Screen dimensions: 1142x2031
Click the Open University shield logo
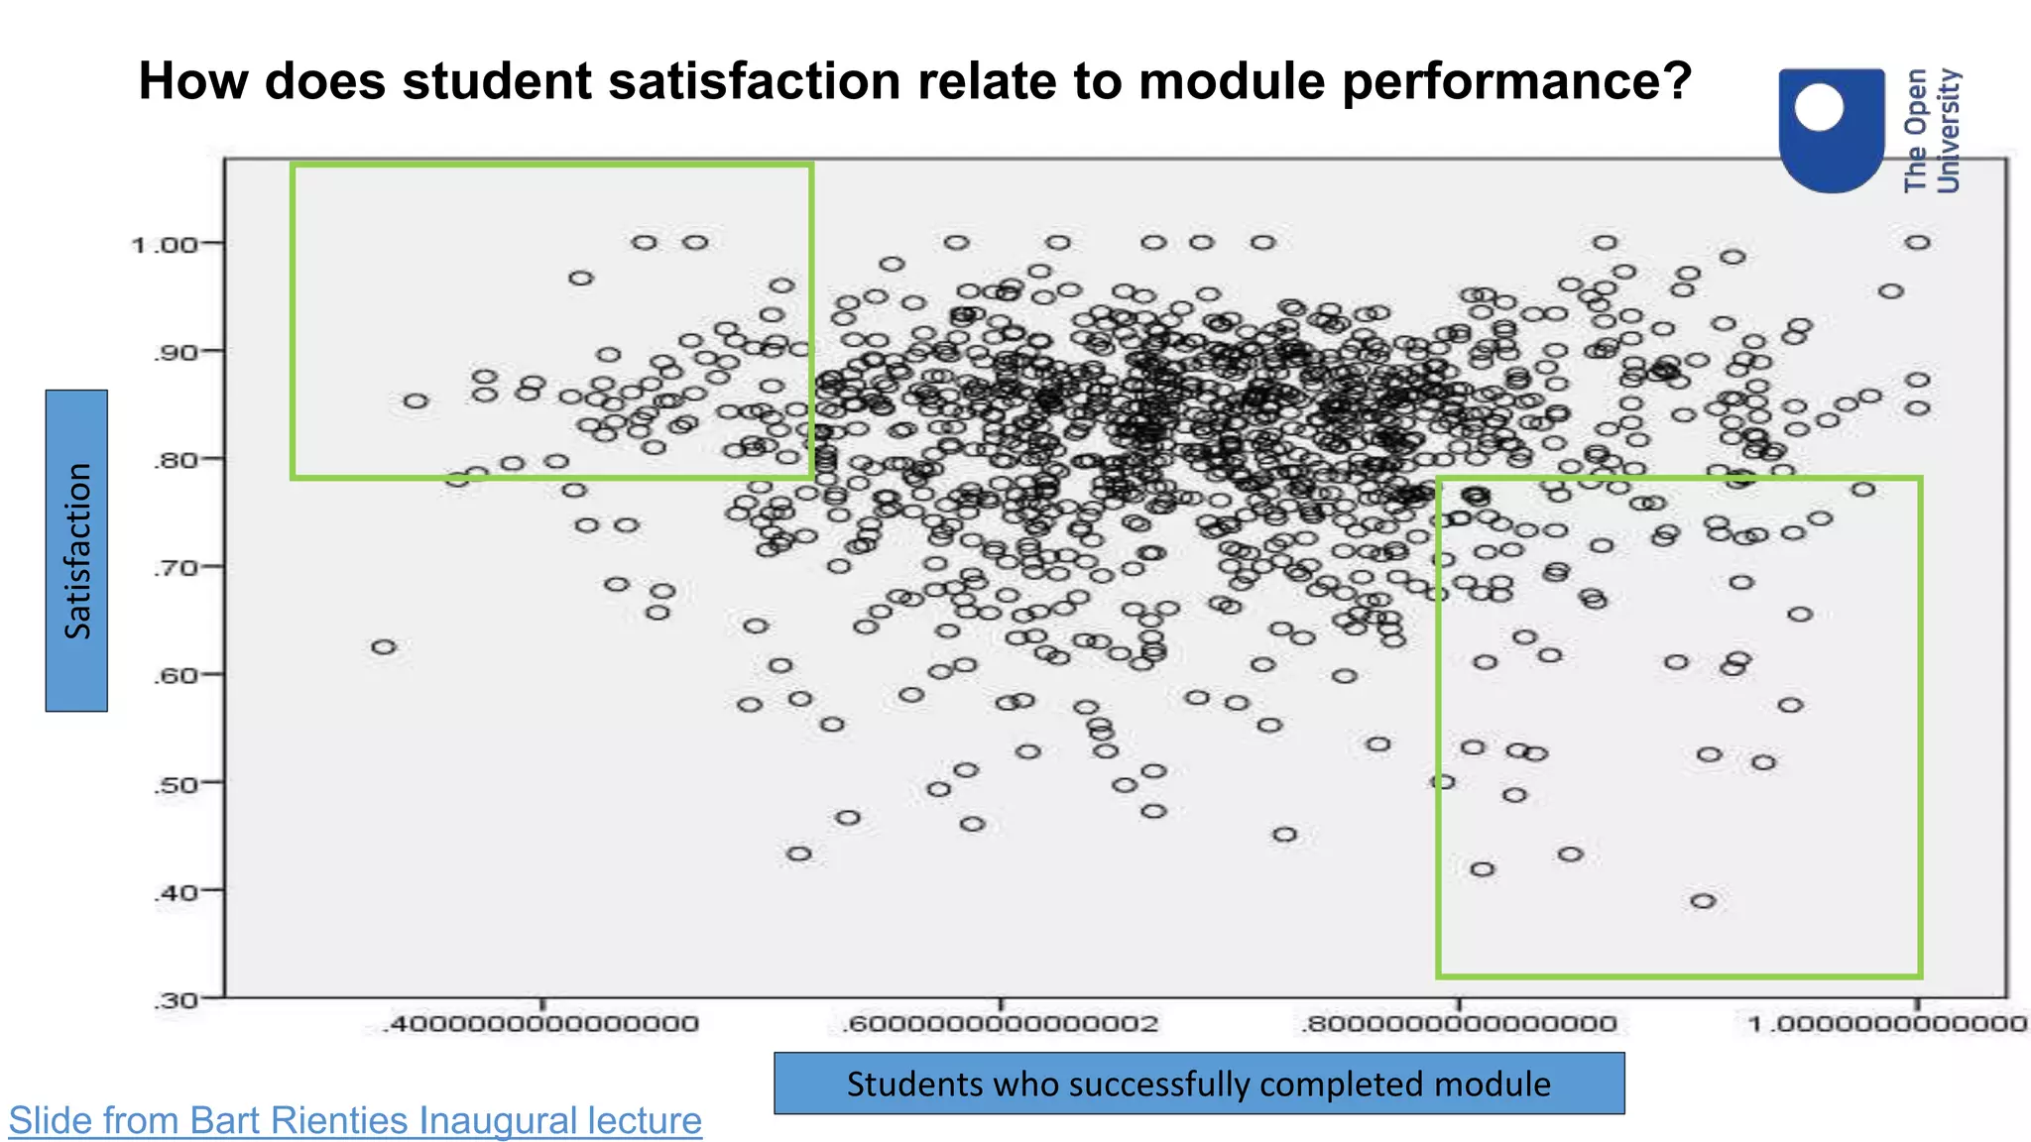[1831, 129]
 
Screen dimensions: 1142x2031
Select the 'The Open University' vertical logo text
[1932, 130]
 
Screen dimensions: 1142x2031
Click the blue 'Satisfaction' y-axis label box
[76, 550]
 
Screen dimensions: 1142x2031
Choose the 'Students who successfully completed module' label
[1198, 1084]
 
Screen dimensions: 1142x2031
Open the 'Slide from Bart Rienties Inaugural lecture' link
[355, 1121]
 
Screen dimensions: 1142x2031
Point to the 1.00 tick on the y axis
[164, 244]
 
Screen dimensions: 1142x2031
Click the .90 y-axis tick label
[175, 352]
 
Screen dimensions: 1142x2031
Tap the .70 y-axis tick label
[175, 568]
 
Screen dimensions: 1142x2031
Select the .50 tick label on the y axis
[175, 784]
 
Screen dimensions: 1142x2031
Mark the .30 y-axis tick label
[175, 1000]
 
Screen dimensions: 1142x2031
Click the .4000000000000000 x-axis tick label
[541, 1024]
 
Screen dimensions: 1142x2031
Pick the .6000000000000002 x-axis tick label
[1000, 1024]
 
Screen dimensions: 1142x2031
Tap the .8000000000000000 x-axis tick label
[1459, 1024]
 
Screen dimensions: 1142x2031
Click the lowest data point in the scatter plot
[1703, 901]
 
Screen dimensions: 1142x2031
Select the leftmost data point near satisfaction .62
[384, 647]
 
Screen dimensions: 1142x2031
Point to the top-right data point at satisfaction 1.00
[1918, 243]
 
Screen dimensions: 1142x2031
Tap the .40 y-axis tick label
[175, 892]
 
